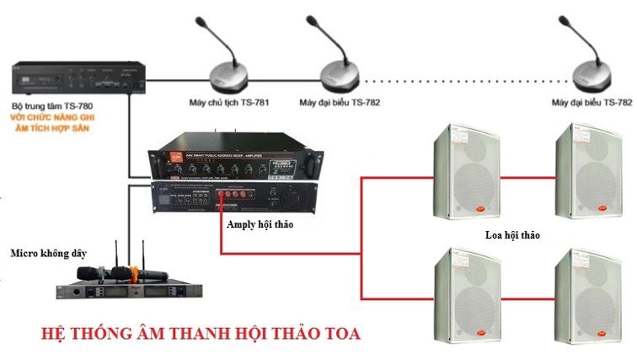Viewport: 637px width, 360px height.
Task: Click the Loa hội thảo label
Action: tap(514, 238)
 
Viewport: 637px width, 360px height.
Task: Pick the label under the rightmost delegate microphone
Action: tap(591, 103)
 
